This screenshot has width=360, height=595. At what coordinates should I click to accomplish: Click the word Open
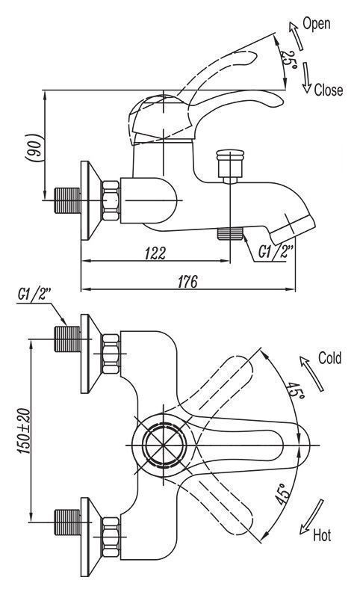click(x=317, y=24)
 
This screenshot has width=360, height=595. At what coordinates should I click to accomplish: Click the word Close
click(x=328, y=90)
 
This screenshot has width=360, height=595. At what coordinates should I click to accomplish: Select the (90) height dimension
click(x=35, y=147)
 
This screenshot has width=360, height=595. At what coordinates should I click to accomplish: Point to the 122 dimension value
click(x=155, y=253)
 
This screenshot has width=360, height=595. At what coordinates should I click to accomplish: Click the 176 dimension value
click(x=187, y=282)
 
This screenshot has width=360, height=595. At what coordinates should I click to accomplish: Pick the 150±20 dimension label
click(x=23, y=431)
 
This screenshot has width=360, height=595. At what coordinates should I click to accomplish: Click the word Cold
click(x=329, y=358)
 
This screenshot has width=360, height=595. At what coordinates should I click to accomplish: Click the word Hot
click(x=322, y=535)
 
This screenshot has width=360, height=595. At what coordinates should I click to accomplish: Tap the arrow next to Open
click(x=296, y=36)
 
